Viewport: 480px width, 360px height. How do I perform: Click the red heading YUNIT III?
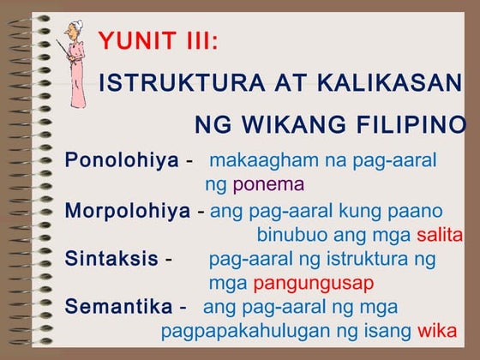click(x=159, y=40)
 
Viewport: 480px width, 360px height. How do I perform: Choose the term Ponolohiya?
click(x=122, y=160)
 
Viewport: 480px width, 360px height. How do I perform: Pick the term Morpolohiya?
click(x=127, y=211)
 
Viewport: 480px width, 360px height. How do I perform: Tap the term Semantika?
click(x=117, y=306)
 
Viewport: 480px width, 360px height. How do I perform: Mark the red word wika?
click(x=436, y=331)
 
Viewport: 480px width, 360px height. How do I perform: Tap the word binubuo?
click(x=290, y=235)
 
